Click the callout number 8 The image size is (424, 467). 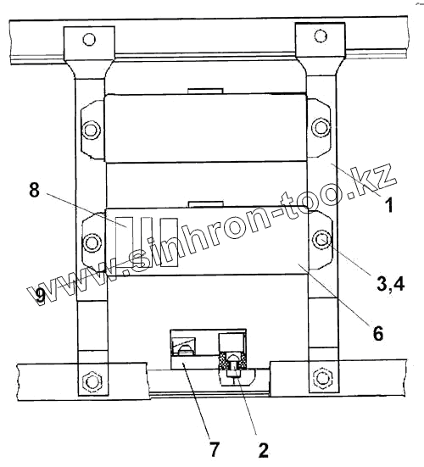34,189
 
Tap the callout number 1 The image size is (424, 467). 388,205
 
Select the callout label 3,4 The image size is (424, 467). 391,284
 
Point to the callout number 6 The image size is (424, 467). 378,333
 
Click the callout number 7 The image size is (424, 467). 215,449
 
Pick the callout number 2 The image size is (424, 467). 263,450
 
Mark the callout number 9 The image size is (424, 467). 40,297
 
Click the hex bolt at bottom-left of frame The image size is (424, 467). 92,381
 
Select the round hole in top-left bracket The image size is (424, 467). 89,39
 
